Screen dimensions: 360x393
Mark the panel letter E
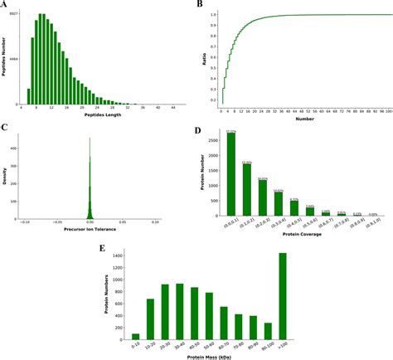pyautogui.click(x=101, y=246)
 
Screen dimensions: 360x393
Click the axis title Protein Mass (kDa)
pyautogui.click(x=207, y=355)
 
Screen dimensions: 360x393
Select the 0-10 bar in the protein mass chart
pyautogui.click(x=135, y=335)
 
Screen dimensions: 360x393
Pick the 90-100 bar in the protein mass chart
pyautogui.click(x=268, y=330)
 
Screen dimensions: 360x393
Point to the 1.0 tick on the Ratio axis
pyautogui.click(x=213, y=15)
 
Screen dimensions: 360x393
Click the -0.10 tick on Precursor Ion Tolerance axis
pyautogui.click(x=25, y=223)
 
